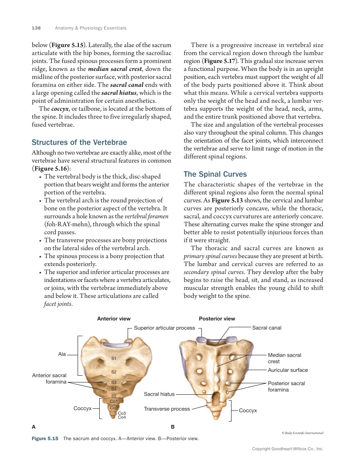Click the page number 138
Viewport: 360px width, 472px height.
36,28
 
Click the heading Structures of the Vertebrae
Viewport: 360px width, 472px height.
79,142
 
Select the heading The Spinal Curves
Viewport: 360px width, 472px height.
215,174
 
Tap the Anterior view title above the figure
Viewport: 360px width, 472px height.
114,318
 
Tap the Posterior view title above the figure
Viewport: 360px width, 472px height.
217,318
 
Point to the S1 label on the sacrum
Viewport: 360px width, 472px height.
114,359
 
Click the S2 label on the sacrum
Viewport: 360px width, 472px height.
114,372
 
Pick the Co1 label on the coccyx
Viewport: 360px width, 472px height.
113,402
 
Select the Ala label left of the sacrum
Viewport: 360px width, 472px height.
62,354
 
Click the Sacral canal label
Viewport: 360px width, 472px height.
267,328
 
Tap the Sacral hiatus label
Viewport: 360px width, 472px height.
159,394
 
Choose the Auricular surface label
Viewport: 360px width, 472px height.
287,370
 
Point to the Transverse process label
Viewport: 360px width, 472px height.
167,409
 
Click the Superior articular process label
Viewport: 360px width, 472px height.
164,328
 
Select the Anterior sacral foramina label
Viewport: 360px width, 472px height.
49,378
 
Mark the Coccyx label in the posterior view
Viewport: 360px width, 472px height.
248,410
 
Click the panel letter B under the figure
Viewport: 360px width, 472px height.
173,427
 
